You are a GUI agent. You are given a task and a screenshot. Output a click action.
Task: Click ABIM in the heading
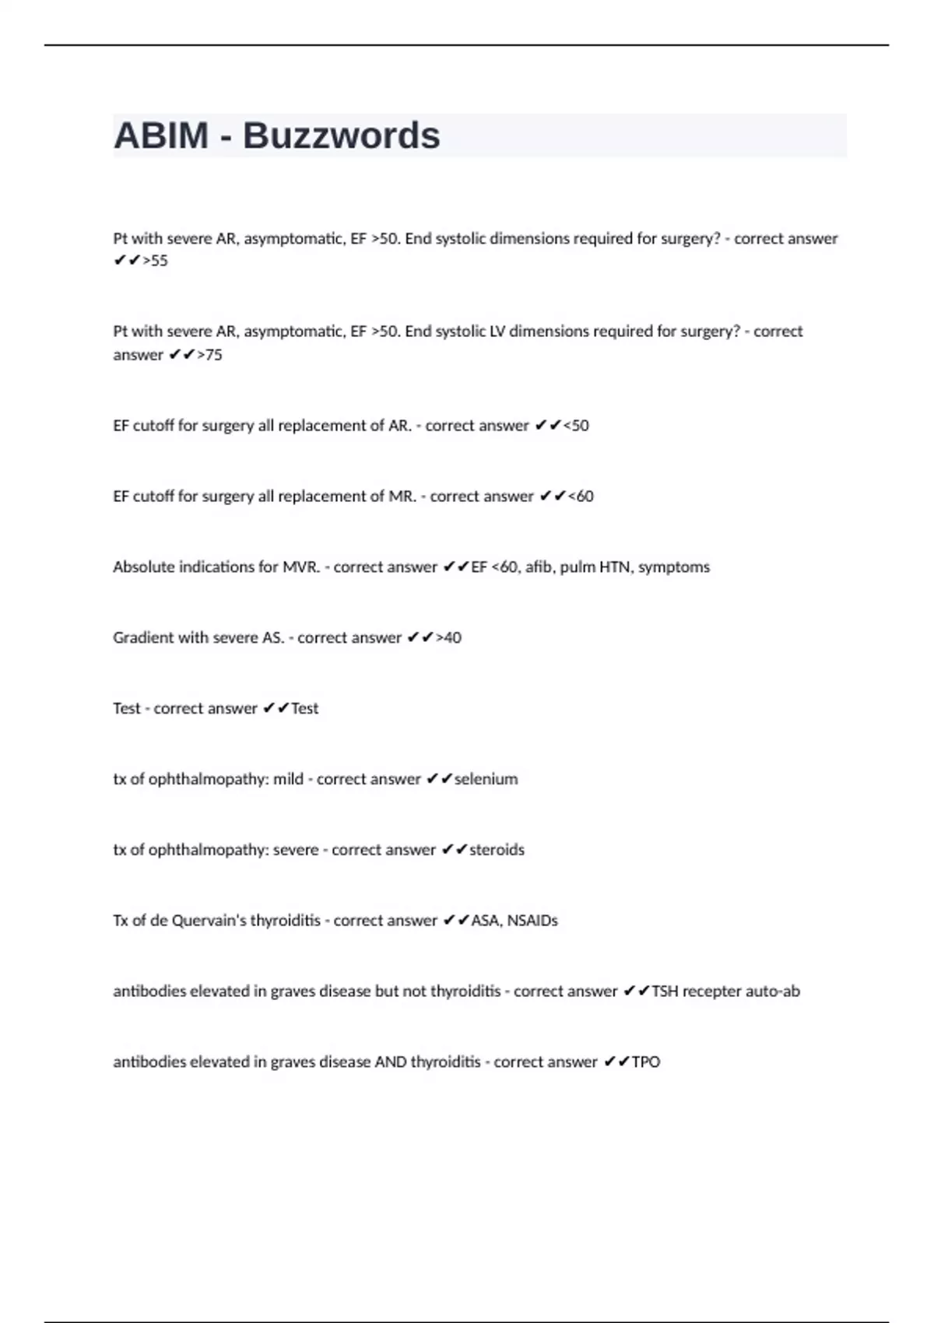(161, 136)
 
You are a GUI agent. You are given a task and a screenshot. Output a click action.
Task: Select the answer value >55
(155, 261)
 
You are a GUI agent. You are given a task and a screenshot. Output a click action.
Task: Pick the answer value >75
(209, 355)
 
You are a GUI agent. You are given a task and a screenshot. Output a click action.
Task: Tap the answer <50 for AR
(575, 426)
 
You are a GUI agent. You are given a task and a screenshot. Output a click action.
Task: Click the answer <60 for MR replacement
(580, 497)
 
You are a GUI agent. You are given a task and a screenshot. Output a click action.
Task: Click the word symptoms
(673, 567)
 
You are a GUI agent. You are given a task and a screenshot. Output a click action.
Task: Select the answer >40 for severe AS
(448, 638)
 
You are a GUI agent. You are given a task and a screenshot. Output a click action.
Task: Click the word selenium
(486, 779)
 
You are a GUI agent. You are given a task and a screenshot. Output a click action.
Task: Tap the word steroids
(497, 850)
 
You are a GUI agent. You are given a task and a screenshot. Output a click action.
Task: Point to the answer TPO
(645, 1062)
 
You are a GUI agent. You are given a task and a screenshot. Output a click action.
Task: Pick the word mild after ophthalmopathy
(288, 779)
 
